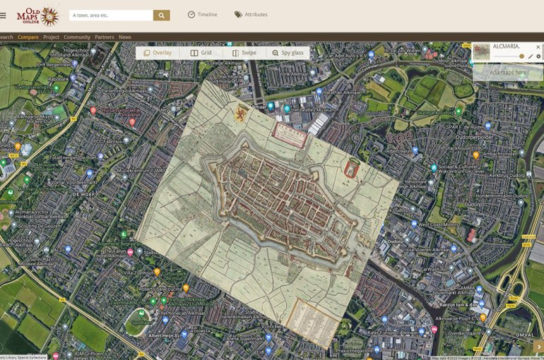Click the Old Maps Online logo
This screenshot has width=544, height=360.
click(x=38, y=15)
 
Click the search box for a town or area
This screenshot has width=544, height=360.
click(x=111, y=15)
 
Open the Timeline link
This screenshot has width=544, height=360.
click(x=202, y=15)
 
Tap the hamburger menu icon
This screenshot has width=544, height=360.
click(x=3, y=15)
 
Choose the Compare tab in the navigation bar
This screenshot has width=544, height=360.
click(x=28, y=37)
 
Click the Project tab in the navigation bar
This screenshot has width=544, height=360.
click(x=51, y=37)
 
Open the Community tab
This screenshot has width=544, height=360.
click(x=77, y=37)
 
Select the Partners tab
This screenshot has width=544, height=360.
click(x=105, y=37)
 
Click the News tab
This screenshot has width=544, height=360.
click(x=125, y=37)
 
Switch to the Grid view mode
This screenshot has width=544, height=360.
click(x=201, y=53)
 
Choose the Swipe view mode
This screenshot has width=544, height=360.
click(x=244, y=53)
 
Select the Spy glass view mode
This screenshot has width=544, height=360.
click(x=288, y=53)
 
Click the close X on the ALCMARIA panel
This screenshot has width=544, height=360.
click(x=538, y=47)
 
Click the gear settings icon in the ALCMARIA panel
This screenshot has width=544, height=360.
click(x=538, y=56)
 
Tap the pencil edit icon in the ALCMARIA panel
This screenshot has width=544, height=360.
click(x=531, y=56)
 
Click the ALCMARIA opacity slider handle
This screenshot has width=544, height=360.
click(x=521, y=56)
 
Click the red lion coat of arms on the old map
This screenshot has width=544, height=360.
click(x=241, y=113)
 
